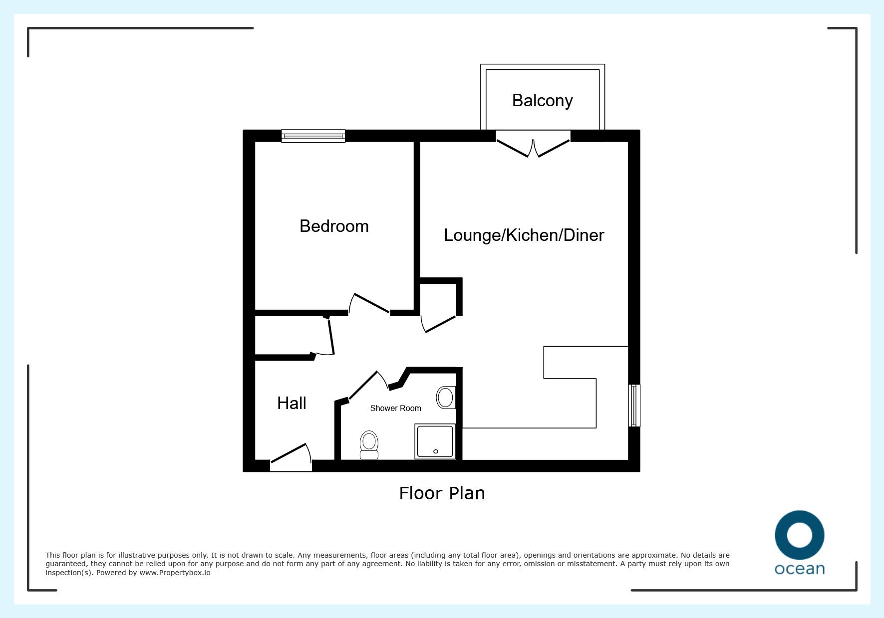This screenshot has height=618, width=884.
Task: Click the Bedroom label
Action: (334, 226)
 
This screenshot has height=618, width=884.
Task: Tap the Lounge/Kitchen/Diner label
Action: (524, 235)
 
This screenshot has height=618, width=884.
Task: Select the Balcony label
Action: (543, 100)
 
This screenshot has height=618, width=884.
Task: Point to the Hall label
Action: (292, 403)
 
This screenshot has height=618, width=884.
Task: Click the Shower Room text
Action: (396, 408)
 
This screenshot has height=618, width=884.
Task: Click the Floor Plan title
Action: (442, 493)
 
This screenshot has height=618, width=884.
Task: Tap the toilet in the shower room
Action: (369, 445)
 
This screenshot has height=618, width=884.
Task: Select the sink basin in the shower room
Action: (445, 398)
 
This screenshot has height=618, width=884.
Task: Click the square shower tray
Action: (435, 441)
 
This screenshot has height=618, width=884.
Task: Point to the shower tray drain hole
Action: (436, 451)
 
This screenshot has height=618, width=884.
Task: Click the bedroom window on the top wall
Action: (313, 136)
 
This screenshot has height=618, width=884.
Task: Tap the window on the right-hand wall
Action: (634, 406)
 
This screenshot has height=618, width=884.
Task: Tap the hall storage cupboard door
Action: (331, 337)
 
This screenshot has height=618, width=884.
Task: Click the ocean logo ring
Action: (799, 536)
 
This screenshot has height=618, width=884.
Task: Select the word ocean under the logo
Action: (799, 569)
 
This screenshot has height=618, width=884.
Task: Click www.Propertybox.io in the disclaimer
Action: (175, 573)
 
